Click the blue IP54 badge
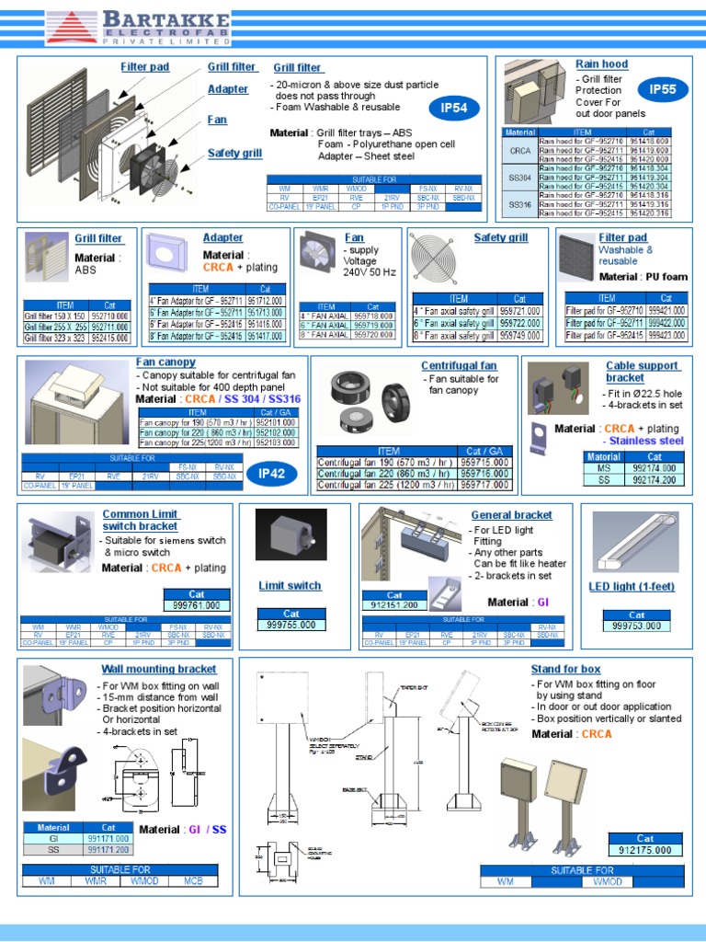pos(454,109)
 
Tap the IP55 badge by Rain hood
pos(663,89)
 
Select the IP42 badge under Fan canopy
pos(272,474)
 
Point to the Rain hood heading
pos(601,63)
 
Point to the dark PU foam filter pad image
pos(576,258)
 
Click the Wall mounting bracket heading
pos(159,669)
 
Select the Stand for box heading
pos(565,669)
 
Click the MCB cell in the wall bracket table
pos(191,880)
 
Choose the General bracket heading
pos(511,515)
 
